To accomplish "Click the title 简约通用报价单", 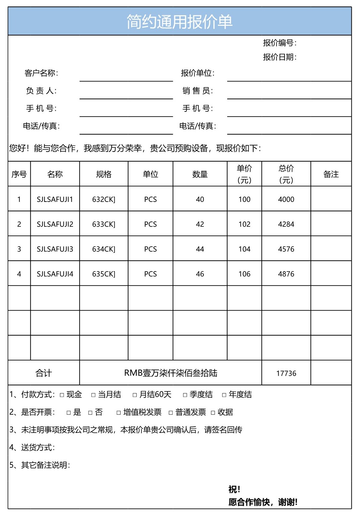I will tap(180, 22).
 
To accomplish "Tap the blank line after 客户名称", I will tap(126, 77).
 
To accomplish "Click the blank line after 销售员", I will tap(289, 94).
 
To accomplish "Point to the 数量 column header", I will tap(200, 174).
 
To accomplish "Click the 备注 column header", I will tap(331, 174).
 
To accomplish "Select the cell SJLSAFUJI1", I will tap(55, 199).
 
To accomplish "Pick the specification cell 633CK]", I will tap(104, 224).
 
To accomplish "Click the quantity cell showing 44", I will tap(200, 249).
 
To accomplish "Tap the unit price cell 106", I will tap(244, 274).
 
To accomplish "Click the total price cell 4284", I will tap(286, 224).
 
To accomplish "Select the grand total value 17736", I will tap(286, 373).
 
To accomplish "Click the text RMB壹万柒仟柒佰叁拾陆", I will tap(171, 373).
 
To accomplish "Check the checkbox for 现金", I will tap(62, 395).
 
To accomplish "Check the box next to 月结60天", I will tap(135, 395).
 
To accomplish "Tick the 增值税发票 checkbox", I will tap(119, 412).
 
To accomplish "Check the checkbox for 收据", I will tap(213, 412).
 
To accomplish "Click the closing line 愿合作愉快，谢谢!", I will tap(263, 502).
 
